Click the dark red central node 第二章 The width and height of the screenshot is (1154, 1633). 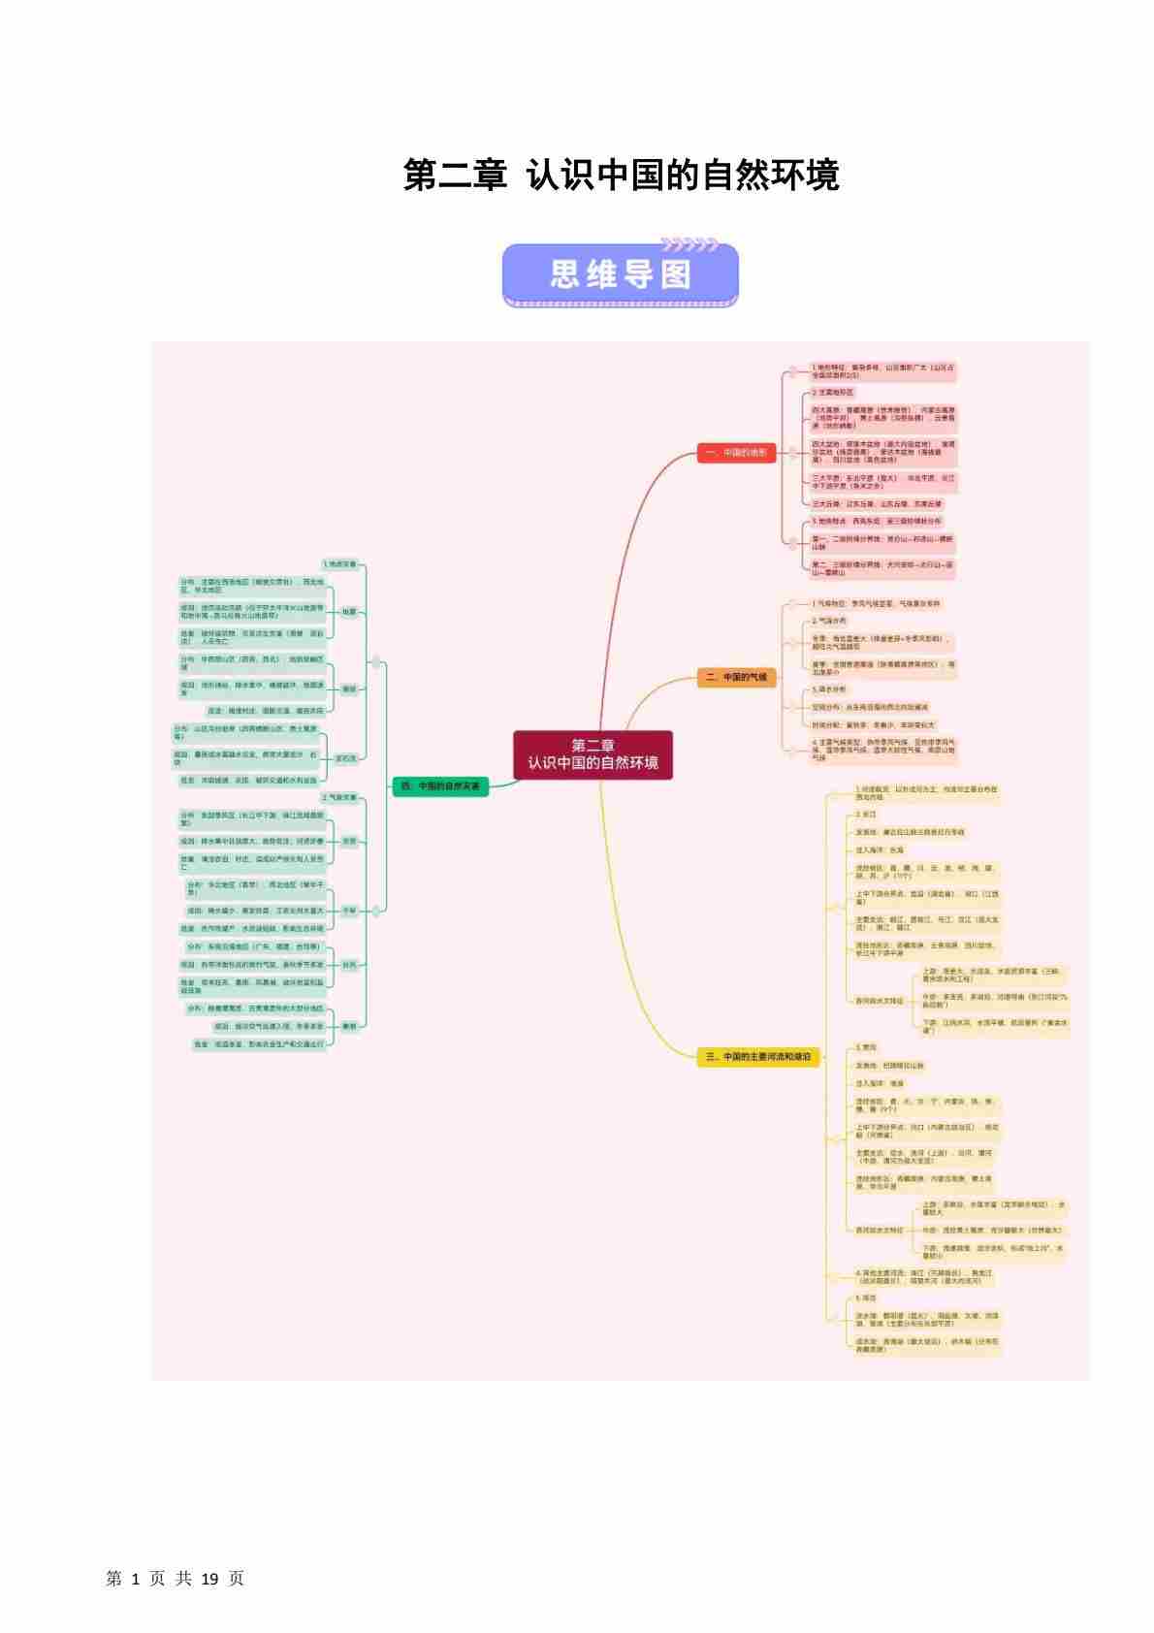point(593,754)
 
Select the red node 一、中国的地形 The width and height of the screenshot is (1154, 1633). point(736,453)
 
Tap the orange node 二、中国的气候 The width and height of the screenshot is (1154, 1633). point(736,677)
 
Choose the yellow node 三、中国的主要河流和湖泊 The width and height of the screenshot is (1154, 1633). point(757,1056)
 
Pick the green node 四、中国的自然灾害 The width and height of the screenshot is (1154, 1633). point(440,786)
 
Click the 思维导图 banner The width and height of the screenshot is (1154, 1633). point(621,275)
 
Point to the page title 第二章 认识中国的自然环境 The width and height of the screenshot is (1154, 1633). point(621,176)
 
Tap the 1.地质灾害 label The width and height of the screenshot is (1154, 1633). point(339,563)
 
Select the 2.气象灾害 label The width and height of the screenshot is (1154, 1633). point(339,797)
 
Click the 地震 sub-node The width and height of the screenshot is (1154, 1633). point(348,612)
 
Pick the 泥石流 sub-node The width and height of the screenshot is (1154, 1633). point(345,758)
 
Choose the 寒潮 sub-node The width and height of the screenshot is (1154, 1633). point(348,1026)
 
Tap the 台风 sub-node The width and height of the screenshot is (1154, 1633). point(348,965)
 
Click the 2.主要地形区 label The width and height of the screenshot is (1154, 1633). point(833,393)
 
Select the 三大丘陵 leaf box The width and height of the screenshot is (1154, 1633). point(877,504)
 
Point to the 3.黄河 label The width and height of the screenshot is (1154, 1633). point(865,1047)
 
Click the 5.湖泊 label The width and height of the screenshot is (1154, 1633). point(865,1297)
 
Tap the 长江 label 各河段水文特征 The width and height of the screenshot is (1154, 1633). point(879,1000)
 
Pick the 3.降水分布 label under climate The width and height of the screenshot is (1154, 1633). point(829,689)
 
